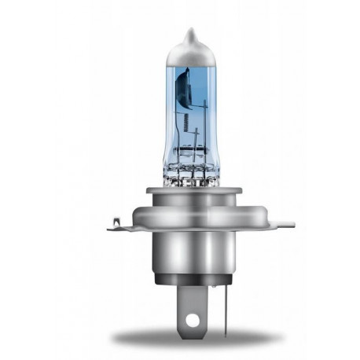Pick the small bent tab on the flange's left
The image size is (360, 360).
click(116, 225)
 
